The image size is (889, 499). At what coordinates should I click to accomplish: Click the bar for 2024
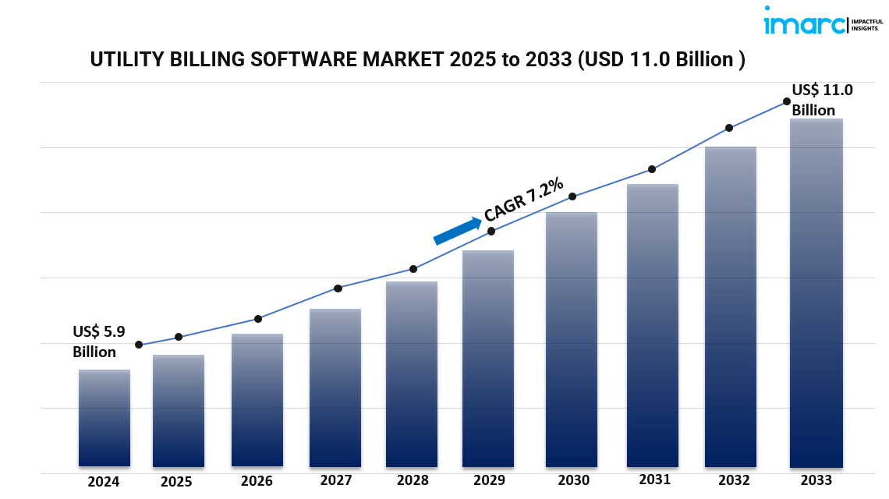[104, 418]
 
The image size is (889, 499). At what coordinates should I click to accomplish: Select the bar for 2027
[335, 388]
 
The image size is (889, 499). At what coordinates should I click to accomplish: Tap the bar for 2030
[572, 339]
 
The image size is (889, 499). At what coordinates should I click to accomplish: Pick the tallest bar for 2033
[816, 293]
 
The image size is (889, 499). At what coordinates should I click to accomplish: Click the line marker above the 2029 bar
[491, 231]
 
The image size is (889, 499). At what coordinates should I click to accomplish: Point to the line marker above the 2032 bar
[729, 128]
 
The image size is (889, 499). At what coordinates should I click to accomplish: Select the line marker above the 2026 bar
[258, 318]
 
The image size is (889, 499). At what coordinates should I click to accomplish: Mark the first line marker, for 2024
[139, 345]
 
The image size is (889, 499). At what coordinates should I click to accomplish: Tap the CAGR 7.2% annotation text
[523, 200]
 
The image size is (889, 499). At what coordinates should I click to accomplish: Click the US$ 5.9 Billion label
[99, 342]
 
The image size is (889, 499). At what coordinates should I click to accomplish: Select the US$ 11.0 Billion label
[822, 100]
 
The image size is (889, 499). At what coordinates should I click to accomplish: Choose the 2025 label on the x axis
[176, 482]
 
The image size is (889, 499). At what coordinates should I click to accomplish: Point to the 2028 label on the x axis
[412, 480]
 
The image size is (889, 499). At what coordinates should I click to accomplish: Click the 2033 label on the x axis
[816, 480]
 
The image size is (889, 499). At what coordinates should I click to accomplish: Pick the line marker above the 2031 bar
[651, 169]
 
